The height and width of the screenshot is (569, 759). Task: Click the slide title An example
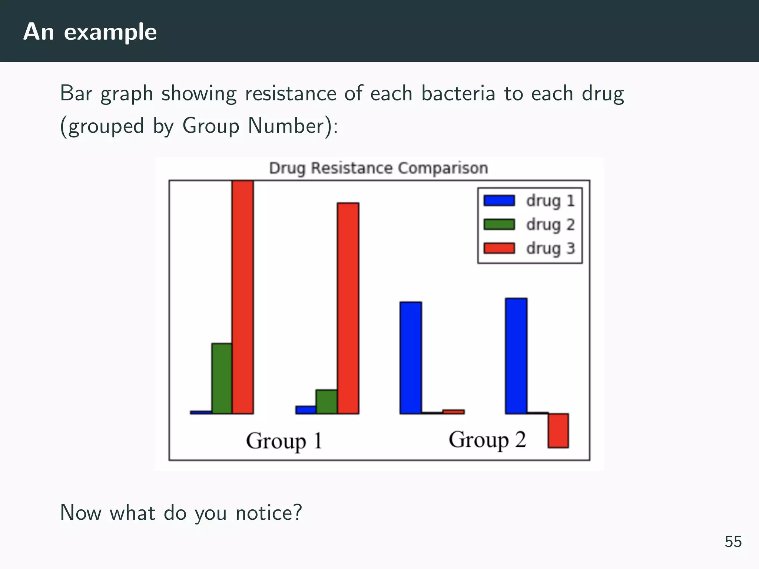tap(90, 32)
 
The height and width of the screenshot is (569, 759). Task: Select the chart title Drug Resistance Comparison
tap(378, 168)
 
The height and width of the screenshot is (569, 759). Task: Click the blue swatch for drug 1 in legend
tap(499, 200)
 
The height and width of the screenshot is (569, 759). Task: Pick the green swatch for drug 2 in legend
tap(499, 224)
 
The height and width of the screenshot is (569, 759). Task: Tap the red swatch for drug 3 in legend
tap(499, 248)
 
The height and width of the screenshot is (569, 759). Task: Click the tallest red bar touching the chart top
tap(243, 296)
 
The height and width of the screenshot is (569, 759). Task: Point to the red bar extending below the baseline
tap(558, 430)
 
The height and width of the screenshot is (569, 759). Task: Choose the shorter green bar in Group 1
tap(327, 402)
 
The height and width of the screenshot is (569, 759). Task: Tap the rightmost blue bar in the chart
tap(516, 356)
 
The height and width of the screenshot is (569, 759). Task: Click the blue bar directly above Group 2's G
tap(411, 358)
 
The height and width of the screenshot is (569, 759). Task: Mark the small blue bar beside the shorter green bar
tap(306, 410)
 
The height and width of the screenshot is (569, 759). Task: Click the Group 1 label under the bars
tap(284, 441)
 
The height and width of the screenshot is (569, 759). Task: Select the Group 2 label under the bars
tap(487, 440)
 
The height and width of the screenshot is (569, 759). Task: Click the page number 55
tap(733, 542)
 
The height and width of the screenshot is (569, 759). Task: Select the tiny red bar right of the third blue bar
tap(453, 412)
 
